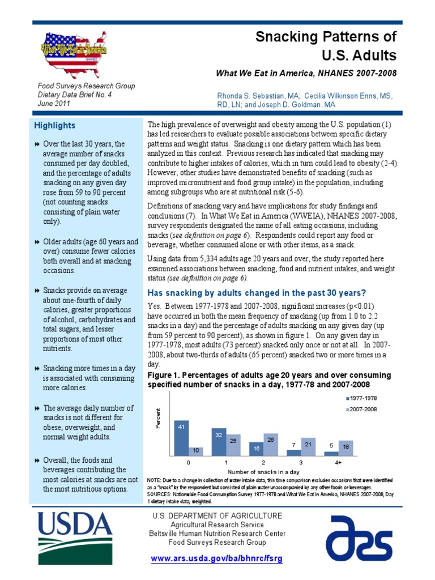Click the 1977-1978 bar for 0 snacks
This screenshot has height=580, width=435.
181,438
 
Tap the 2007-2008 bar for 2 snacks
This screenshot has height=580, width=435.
271,445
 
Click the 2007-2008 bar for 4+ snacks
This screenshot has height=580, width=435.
346,448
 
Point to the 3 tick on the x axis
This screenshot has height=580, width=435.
301,462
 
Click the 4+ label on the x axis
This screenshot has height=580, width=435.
338,462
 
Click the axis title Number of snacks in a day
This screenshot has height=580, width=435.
263,471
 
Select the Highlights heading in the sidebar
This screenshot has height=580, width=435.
54,125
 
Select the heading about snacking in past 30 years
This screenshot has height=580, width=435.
257,293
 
